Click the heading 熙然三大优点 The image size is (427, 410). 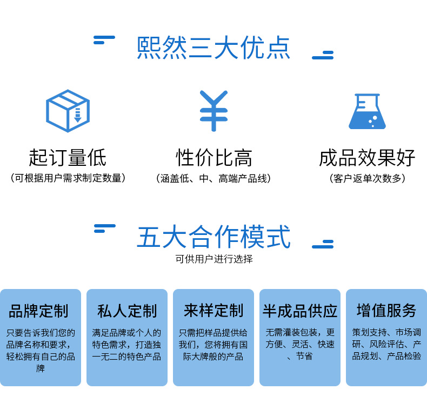click(x=213, y=48)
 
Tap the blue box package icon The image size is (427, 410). click(x=68, y=111)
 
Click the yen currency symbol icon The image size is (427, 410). click(x=213, y=111)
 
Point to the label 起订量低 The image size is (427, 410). click(x=68, y=158)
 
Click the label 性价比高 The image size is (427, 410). click(x=213, y=158)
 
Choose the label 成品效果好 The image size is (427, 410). click(x=367, y=158)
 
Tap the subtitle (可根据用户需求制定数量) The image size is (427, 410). click(x=68, y=178)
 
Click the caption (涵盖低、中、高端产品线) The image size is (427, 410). click(x=213, y=178)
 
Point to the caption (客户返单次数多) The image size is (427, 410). click(x=367, y=178)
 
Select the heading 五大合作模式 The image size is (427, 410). click(x=213, y=238)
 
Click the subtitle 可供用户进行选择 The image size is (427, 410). click(x=213, y=259)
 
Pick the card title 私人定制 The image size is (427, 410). click(x=127, y=311)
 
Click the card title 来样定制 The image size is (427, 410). click(x=213, y=311)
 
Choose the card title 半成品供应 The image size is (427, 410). click(x=300, y=311)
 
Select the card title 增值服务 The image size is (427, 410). click(x=386, y=311)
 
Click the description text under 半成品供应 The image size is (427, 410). click(x=300, y=344)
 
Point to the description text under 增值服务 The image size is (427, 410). click(x=386, y=344)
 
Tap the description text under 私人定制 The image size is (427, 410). click(x=127, y=344)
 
